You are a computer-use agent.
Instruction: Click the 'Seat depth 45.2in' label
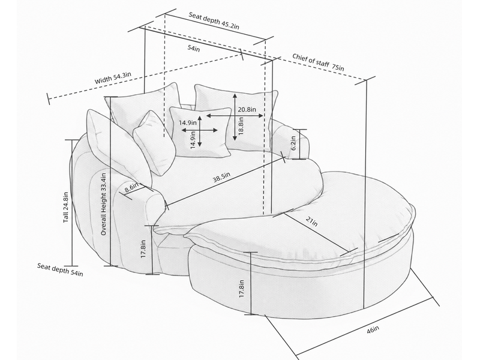click(x=214, y=20)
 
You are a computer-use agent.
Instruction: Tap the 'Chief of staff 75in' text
click(x=318, y=62)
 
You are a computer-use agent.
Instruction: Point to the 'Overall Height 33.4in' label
click(x=103, y=204)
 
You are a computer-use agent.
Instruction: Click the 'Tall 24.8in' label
click(x=66, y=207)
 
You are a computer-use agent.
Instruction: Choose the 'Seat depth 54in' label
click(x=60, y=269)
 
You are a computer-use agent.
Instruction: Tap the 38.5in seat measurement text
click(x=221, y=177)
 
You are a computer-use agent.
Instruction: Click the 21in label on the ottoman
click(x=311, y=221)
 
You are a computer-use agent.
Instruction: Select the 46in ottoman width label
click(x=373, y=329)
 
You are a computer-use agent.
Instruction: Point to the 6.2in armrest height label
click(x=293, y=143)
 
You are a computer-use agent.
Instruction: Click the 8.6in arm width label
click(x=131, y=188)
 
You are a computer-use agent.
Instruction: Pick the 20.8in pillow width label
click(x=247, y=109)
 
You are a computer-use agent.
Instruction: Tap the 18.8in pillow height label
click(x=241, y=125)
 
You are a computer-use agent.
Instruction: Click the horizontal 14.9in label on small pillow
click(x=188, y=123)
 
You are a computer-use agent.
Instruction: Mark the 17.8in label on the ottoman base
click(x=242, y=289)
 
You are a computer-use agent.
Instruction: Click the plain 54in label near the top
click(x=193, y=48)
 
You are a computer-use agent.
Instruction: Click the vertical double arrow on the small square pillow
click(x=200, y=131)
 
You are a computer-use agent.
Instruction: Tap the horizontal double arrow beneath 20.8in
click(x=235, y=116)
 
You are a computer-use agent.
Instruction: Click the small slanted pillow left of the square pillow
click(x=155, y=143)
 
